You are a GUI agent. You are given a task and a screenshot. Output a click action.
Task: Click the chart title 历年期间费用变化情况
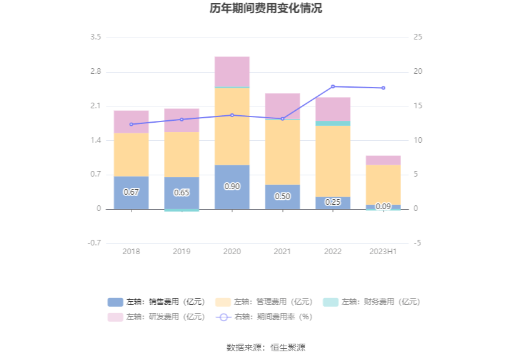266,9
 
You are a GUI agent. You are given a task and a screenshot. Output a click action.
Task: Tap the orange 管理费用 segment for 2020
232,126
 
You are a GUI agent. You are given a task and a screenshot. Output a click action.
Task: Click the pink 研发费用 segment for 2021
282,106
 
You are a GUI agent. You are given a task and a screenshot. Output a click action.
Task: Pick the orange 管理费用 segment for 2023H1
383,184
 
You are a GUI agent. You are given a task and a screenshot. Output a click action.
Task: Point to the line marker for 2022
333,86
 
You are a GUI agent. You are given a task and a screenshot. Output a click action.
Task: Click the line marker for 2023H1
383,88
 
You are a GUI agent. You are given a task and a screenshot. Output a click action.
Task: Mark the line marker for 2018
131,124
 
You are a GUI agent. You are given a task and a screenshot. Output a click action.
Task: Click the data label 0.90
232,187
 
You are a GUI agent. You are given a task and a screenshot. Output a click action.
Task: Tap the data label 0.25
333,202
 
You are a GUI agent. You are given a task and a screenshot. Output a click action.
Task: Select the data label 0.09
383,207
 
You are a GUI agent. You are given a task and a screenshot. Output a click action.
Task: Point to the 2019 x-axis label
182,251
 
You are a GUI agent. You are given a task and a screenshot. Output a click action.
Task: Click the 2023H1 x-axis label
383,251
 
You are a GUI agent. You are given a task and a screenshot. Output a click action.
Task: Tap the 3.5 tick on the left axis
95,38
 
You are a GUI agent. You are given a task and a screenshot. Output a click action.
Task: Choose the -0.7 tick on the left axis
94,243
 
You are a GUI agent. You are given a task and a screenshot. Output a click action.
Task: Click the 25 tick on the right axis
417,38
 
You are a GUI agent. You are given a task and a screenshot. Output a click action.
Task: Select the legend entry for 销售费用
156,302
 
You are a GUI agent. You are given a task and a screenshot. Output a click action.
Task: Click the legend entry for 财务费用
371,302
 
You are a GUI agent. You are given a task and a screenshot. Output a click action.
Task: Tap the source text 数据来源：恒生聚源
266,347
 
